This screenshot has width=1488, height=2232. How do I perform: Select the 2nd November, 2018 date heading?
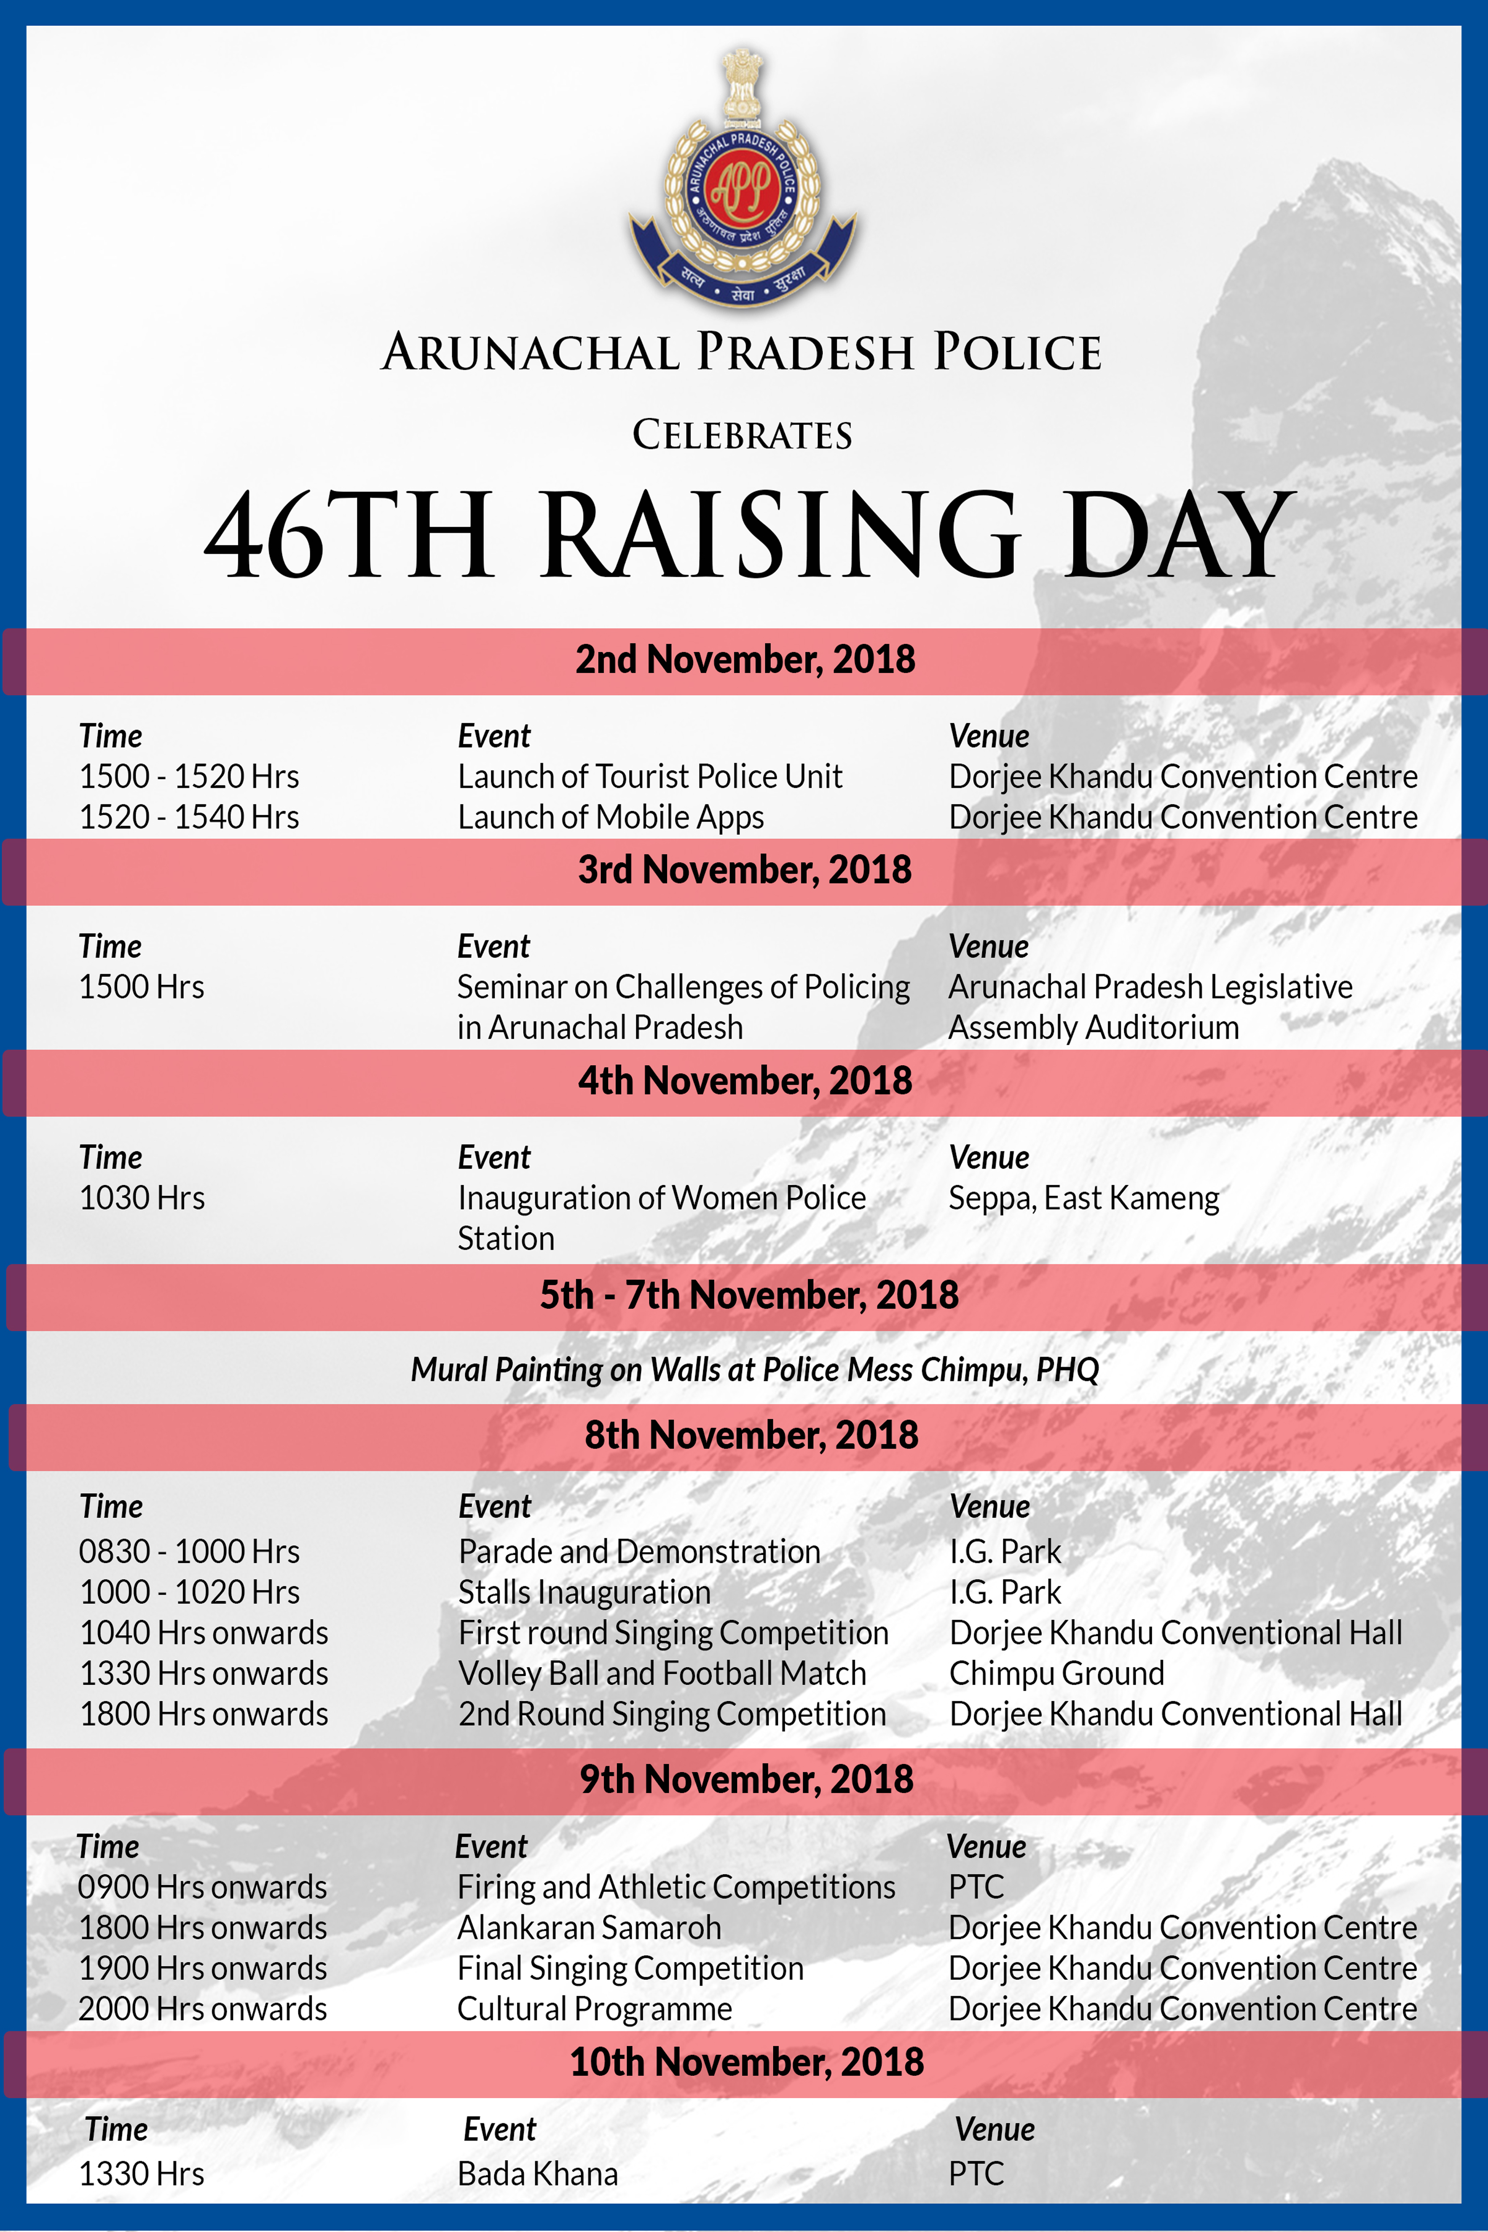745,659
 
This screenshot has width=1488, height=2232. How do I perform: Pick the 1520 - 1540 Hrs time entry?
189,817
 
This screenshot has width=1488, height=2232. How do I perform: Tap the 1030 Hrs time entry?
142,1198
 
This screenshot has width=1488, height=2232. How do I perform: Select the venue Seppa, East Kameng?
1084,1198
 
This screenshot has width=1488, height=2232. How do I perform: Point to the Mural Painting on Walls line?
754,1370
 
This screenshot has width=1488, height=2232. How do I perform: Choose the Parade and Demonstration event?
639,1552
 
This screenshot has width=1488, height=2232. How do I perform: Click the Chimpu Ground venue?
1056,1673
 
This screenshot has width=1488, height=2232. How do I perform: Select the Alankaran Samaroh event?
588,1928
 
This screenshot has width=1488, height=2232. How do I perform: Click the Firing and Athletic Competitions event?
675,1886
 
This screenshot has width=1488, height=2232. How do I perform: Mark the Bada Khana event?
537,2173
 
